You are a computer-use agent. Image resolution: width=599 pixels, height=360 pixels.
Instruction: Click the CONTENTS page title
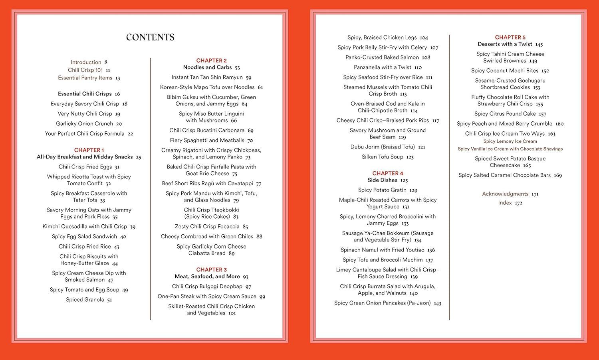point(150,38)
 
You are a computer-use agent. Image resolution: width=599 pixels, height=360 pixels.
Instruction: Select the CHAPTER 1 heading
point(89,150)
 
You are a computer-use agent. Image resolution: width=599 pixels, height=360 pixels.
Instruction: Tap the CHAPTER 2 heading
point(211,61)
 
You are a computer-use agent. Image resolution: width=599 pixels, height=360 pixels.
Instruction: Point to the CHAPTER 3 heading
point(211,270)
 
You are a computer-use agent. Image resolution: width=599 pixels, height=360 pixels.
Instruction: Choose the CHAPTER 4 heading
point(388,173)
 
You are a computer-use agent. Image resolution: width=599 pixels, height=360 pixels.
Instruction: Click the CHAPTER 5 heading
point(510,38)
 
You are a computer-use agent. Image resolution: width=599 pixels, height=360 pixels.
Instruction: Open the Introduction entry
point(86,62)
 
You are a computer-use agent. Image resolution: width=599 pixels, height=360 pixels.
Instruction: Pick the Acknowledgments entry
point(505,194)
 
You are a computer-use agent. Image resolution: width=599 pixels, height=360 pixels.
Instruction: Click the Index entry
point(505,203)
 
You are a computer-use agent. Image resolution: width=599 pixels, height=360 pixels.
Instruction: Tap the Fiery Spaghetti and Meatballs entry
point(207,140)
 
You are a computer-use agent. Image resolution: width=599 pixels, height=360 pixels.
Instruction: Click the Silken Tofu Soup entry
point(383,157)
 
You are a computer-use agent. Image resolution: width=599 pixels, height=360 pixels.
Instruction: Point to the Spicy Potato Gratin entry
point(382,190)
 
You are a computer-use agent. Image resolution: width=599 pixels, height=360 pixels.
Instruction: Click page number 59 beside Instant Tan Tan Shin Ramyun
point(248,78)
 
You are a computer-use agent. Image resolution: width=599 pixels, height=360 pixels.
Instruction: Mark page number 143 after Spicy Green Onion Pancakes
point(437,303)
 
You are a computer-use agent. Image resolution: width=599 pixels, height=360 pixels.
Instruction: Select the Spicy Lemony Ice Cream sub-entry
point(510,141)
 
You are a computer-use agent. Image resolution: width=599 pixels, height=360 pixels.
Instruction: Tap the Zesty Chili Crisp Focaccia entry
point(207,227)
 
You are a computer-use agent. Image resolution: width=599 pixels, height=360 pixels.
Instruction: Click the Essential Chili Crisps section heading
point(85,94)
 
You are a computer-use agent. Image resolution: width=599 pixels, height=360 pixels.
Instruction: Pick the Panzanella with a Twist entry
point(382,67)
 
